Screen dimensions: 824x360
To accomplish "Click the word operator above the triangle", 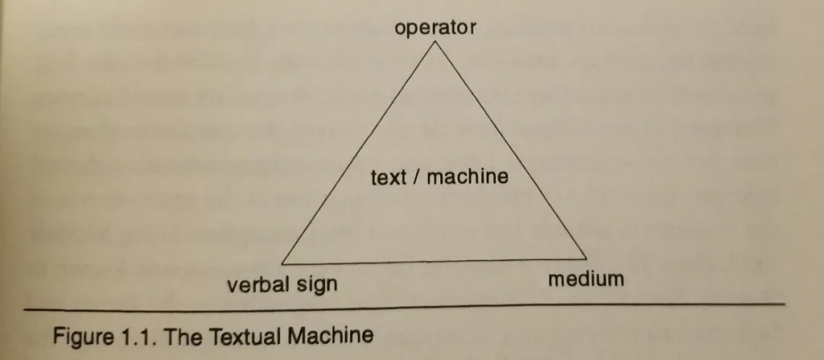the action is click(x=435, y=28).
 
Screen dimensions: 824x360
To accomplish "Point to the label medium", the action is click(x=586, y=278).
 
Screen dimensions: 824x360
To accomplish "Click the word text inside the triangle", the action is click(x=388, y=178).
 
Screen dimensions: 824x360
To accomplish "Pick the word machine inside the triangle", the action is click(x=468, y=177).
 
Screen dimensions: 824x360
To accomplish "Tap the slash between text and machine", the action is click(x=417, y=177).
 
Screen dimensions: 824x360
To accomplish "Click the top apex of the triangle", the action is click(x=435, y=41).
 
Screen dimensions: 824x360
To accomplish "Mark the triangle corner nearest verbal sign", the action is click(x=282, y=264).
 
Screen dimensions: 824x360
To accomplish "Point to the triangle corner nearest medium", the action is click(x=587, y=259).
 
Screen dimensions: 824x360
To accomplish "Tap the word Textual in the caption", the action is click(x=244, y=335).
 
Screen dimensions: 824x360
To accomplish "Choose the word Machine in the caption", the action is click(x=330, y=335).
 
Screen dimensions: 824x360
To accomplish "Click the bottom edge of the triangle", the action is click(x=434, y=261).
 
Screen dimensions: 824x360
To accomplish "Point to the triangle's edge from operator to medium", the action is click(x=510, y=149).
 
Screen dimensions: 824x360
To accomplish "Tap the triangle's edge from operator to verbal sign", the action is click(x=358, y=153).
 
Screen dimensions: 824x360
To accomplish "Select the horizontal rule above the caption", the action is click(x=404, y=307).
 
